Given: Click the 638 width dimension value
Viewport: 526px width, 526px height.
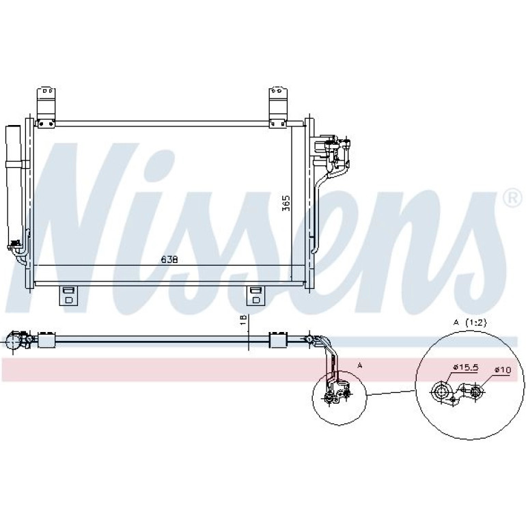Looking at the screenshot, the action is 169,260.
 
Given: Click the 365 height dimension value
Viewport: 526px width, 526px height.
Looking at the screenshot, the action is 286,203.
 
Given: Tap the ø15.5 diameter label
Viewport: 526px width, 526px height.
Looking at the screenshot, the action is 465,368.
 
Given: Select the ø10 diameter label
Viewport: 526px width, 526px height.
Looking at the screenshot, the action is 502,370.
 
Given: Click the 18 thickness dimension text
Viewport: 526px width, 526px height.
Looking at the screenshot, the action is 244,320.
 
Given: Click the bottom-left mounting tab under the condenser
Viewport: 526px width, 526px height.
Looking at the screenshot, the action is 68,296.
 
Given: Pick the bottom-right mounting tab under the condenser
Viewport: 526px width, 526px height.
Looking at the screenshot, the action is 255,296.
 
